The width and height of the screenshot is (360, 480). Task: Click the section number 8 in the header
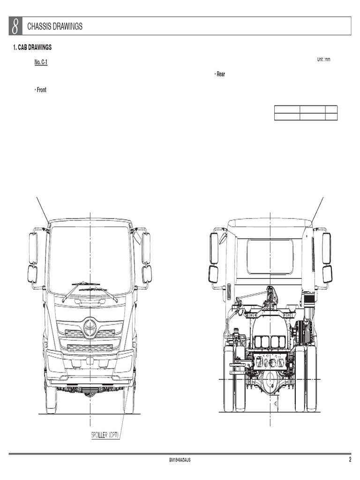pyautogui.click(x=15, y=26)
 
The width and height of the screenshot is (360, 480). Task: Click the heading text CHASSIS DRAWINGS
pyautogui.click(x=55, y=27)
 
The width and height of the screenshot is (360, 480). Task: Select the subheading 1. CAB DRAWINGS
pyautogui.click(x=32, y=48)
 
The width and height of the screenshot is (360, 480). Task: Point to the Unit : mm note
pyautogui.click(x=323, y=60)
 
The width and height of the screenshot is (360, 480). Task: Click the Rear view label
pyautogui.click(x=220, y=75)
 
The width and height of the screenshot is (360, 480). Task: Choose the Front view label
pyautogui.click(x=41, y=90)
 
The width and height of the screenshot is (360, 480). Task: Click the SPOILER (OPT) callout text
pyautogui.click(x=105, y=435)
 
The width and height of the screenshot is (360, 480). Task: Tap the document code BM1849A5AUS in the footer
pyautogui.click(x=180, y=460)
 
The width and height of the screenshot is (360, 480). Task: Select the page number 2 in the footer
pyautogui.click(x=350, y=460)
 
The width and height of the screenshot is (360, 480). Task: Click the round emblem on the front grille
pyautogui.click(x=90, y=328)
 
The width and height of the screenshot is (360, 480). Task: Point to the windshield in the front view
pyautogui.click(x=90, y=258)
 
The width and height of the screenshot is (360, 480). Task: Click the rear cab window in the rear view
pyautogui.click(x=270, y=256)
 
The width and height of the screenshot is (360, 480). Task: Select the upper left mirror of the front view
pyautogui.click(x=33, y=248)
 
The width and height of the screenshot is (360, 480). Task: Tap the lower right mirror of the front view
pyautogui.click(x=147, y=274)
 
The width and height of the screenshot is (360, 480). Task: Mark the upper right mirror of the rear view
pyautogui.click(x=326, y=248)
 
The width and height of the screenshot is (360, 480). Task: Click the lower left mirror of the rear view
pyautogui.click(x=213, y=274)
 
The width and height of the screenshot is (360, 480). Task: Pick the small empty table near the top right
pyautogui.click(x=306, y=113)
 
